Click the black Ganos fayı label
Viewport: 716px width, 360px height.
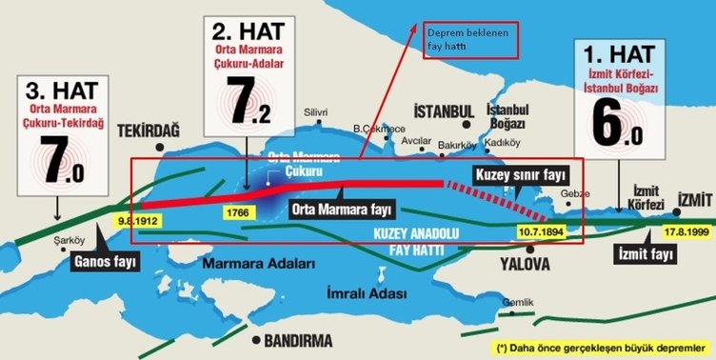(106, 257)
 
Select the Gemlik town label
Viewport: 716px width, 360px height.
(516, 302)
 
